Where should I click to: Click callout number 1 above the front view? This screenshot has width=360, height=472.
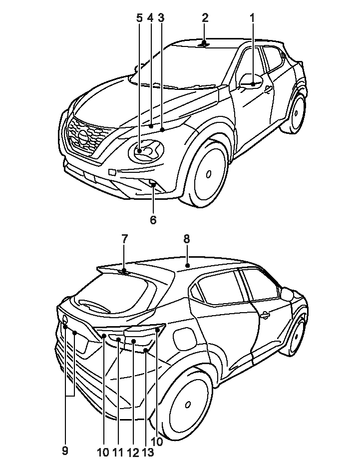point(252,18)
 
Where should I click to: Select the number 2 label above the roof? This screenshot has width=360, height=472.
point(205,18)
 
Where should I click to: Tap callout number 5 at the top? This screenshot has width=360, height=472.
point(139,18)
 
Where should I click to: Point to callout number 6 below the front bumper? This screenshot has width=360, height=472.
point(153,220)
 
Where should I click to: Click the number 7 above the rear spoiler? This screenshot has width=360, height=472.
point(124,239)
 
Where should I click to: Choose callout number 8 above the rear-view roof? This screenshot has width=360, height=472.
point(186,239)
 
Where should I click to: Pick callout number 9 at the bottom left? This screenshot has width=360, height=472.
point(65,451)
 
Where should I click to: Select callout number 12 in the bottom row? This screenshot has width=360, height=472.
point(132,452)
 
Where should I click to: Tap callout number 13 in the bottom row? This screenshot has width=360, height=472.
point(148,452)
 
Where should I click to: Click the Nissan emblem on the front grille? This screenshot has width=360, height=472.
point(82,137)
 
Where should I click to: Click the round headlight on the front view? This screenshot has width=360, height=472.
point(146,151)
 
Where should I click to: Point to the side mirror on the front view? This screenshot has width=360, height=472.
point(251,81)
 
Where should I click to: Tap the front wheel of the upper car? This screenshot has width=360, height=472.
point(207,173)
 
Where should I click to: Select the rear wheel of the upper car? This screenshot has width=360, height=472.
point(294,112)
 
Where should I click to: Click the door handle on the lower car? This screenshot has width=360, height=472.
point(265,315)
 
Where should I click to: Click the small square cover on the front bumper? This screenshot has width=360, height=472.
point(112,172)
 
